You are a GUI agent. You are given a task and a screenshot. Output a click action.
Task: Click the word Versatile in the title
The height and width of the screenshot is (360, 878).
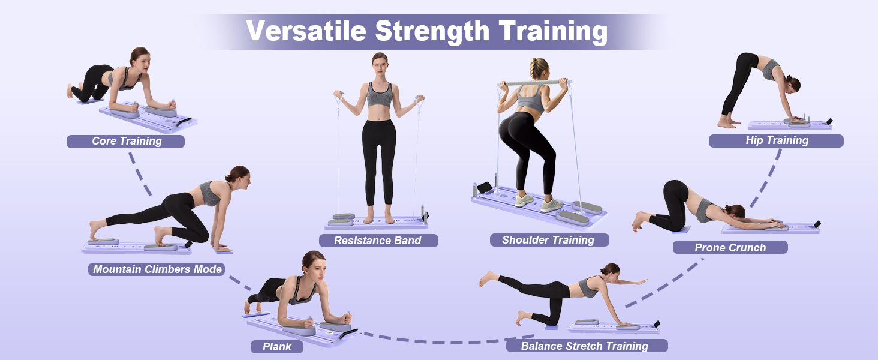[x=306, y=30]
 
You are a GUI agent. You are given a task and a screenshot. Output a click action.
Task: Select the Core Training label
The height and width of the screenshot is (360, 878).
[x=125, y=141]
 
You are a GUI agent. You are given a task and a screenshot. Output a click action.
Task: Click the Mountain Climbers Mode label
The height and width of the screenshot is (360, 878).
[x=157, y=269]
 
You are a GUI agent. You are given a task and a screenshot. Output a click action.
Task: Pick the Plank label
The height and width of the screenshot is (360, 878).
[x=276, y=347]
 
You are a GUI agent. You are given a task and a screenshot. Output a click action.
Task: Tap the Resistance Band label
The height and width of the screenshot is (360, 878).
[x=378, y=241]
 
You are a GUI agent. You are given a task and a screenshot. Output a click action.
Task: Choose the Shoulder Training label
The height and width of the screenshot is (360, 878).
[x=549, y=240]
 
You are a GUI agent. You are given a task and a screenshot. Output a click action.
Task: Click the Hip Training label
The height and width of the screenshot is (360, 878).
[x=776, y=141]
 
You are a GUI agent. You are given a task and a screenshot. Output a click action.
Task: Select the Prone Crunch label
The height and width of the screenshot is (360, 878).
[x=730, y=247]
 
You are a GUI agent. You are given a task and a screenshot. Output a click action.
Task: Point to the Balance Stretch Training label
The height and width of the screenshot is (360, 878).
[x=587, y=346]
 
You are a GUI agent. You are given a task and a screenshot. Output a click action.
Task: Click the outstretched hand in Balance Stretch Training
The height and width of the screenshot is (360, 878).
[x=641, y=281]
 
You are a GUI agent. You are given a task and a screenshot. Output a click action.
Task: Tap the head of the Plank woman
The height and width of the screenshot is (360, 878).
[x=315, y=265]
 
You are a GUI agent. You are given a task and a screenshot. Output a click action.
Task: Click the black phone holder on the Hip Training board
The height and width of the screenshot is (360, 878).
[x=829, y=122]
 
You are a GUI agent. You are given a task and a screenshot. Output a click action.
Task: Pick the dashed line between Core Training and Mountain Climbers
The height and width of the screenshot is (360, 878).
[x=140, y=174]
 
